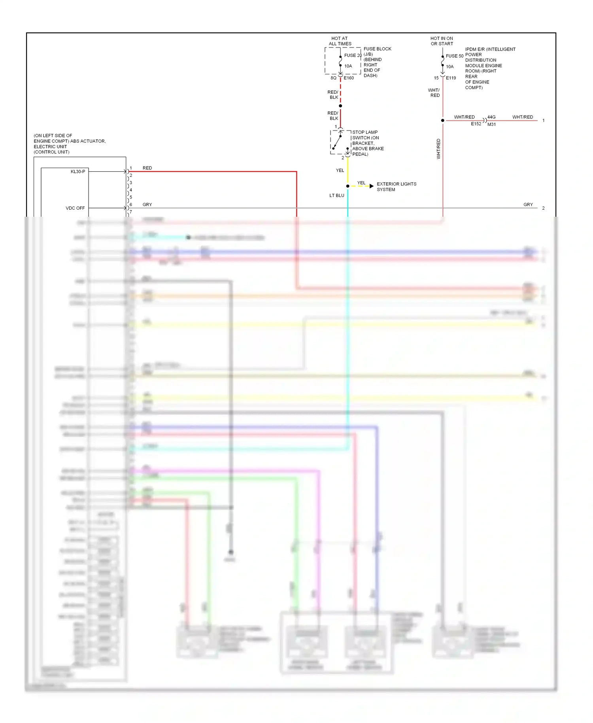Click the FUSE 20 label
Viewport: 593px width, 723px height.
tap(353, 55)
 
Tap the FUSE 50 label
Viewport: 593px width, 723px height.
tap(454, 56)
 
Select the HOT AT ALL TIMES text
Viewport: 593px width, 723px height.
tap(340, 41)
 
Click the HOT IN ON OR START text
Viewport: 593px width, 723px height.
tap(442, 41)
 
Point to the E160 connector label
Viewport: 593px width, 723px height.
tap(349, 78)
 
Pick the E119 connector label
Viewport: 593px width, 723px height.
tap(451, 78)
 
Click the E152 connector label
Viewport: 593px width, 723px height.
tap(476, 124)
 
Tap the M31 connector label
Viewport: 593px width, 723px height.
tap(491, 125)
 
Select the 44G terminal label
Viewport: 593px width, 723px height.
tap(491, 117)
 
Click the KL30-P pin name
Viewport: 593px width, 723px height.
tap(78, 172)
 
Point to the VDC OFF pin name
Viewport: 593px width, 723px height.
tap(75, 208)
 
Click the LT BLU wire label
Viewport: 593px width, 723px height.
tap(337, 195)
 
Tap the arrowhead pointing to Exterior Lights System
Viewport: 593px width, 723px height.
tap(371, 186)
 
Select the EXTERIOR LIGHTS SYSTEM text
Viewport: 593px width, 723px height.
tap(396, 187)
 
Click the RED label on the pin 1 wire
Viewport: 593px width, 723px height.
tap(147, 168)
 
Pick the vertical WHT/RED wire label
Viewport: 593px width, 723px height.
tap(438, 149)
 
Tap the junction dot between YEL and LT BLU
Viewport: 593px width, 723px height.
tap(347, 186)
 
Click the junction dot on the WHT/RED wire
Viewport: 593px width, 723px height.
tap(442, 120)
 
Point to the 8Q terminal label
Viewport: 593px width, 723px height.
tap(333, 78)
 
